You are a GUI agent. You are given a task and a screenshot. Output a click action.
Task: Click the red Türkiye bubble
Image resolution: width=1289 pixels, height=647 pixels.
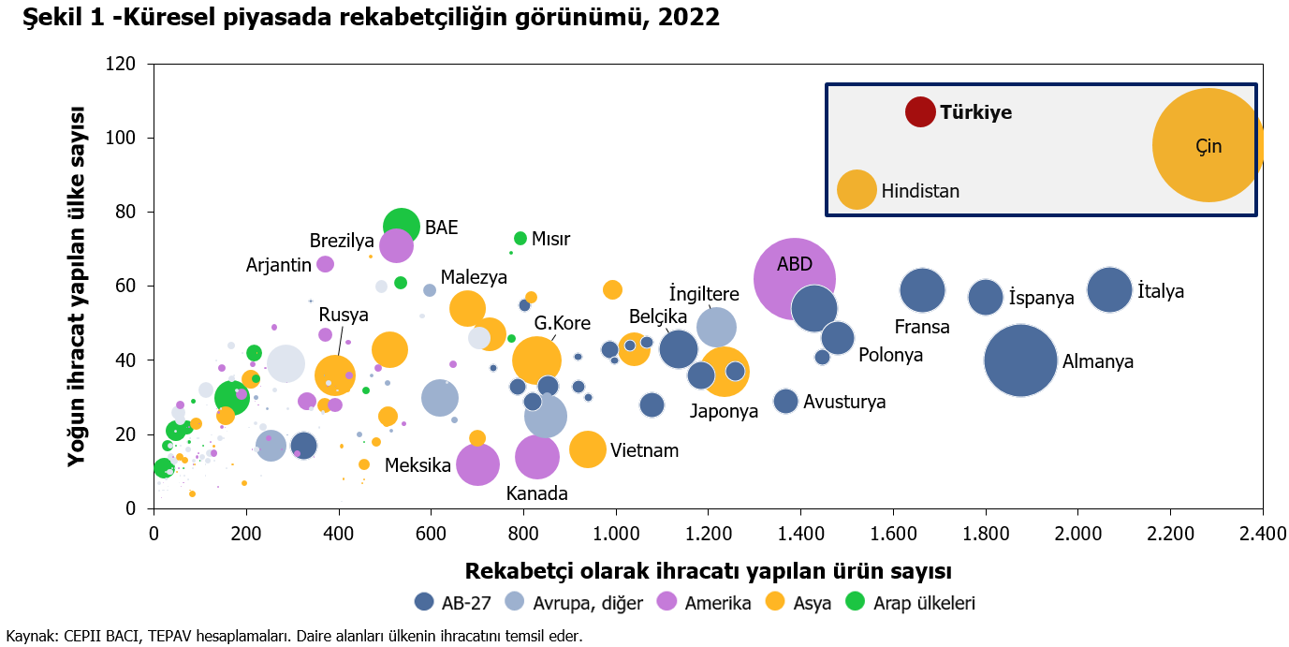pyautogui.click(x=920, y=111)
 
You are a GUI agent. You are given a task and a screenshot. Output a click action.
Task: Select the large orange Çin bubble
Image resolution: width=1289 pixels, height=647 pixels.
pyautogui.click(x=1208, y=145)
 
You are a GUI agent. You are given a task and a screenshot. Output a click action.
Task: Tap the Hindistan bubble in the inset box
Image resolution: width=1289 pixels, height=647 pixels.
pyautogui.click(x=857, y=189)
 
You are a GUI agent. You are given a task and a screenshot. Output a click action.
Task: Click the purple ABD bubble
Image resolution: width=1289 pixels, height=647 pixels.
pyautogui.click(x=795, y=279)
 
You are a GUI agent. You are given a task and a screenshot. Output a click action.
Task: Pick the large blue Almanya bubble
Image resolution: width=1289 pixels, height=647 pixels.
pyautogui.click(x=1021, y=360)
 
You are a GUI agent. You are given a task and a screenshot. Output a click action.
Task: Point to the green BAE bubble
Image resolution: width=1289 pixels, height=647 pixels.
pyautogui.click(x=401, y=227)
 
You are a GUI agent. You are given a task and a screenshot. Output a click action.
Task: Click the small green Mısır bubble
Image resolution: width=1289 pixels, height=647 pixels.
pyautogui.click(x=520, y=239)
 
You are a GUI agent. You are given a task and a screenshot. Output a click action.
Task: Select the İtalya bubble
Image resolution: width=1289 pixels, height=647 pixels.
pyautogui.click(x=1109, y=290)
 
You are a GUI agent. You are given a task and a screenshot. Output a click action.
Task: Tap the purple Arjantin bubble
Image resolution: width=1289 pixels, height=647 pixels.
pyautogui.click(x=326, y=264)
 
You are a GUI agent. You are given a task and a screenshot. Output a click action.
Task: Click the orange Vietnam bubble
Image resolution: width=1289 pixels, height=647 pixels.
pyautogui.click(x=588, y=449)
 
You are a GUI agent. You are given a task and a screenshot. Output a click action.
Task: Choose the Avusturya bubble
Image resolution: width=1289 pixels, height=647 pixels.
pyautogui.click(x=786, y=401)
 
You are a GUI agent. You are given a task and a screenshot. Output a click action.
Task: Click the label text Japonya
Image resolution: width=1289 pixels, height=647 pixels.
pyautogui.click(x=724, y=412)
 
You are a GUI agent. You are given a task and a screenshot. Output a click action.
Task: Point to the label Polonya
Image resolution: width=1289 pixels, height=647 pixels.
pyautogui.click(x=891, y=355)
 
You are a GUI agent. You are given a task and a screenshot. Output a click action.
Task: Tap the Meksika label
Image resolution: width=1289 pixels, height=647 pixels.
pyautogui.click(x=417, y=465)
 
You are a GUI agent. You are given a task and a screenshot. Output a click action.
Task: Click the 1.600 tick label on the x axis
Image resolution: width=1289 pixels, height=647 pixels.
pyautogui.click(x=894, y=534)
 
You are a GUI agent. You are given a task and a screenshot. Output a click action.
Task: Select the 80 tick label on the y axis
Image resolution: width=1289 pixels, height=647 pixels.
pyautogui.click(x=125, y=212)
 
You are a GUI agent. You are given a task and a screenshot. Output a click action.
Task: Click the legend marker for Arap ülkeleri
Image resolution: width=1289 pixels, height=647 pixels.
pyautogui.click(x=855, y=601)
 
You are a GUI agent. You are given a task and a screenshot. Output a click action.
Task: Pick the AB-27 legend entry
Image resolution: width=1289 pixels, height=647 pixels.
pyautogui.click(x=453, y=603)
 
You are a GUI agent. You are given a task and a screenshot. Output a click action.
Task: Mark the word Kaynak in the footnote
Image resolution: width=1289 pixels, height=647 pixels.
pyautogui.click(x=30, y=636)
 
